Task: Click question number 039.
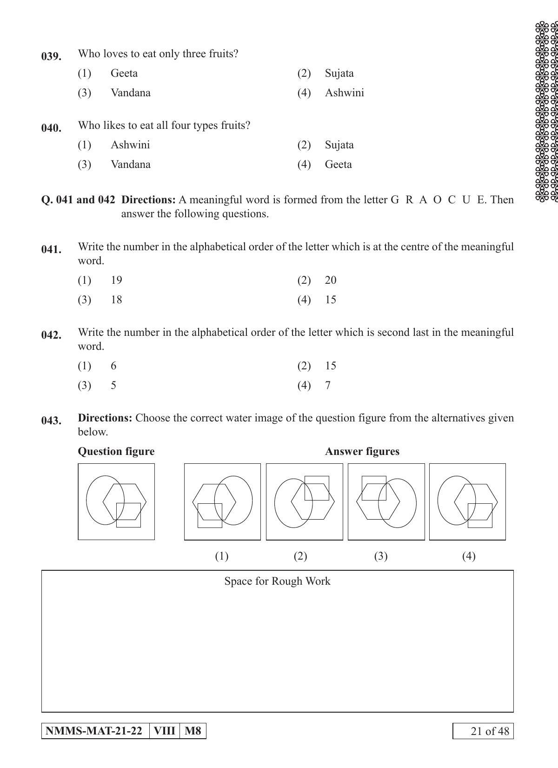51,56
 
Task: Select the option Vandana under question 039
130,93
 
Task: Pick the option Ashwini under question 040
130,145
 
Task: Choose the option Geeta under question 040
338,164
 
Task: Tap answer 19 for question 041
116,280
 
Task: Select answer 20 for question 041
331,280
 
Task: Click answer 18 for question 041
116,300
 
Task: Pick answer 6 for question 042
113,366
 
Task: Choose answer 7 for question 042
328,385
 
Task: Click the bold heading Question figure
116,451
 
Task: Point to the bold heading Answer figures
362,451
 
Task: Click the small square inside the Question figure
128,515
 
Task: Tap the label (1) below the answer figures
221,556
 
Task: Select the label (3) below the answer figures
381,556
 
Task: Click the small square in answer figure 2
317,488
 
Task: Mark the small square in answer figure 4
480,515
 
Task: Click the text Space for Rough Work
277,581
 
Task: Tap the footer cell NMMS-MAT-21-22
95,731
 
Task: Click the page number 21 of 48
484,731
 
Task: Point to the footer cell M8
193,731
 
